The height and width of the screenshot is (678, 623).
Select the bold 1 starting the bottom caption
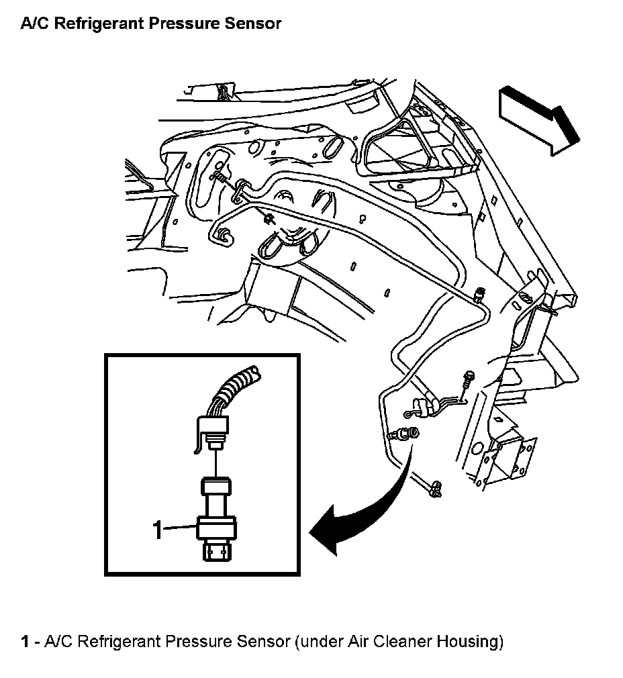tap(25, 642)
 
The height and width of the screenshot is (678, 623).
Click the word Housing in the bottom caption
tap(469, 642)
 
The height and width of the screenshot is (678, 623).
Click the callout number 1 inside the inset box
tap(158, 530)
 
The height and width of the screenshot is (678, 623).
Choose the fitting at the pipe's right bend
tap(478, 295)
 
